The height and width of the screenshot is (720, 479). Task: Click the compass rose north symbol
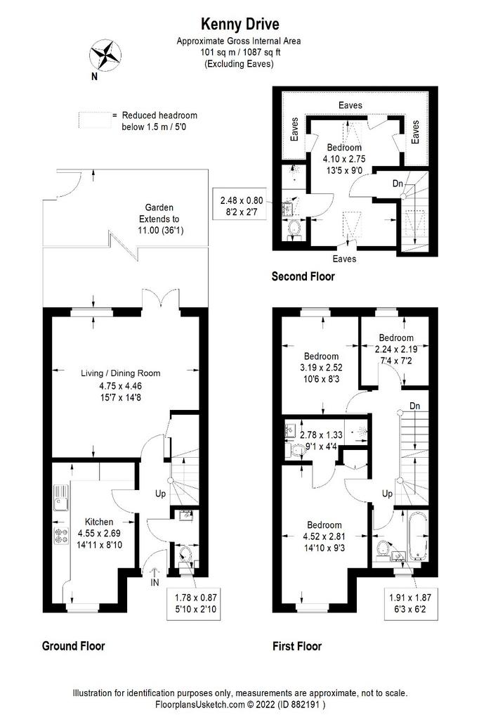coord(105,56)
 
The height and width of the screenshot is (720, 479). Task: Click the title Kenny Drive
coord(240,24)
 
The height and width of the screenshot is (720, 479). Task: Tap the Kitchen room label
coord(99,522)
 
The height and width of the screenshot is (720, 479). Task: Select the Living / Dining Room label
coord(121,373)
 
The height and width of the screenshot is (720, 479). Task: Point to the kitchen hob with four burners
coord(61,535)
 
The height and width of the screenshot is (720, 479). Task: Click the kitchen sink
coord(60,498)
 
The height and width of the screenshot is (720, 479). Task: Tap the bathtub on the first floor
coord(417,536)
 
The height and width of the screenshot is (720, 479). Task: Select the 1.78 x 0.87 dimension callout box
coord(194,603)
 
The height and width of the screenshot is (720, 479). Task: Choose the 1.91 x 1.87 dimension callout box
coord(409,603)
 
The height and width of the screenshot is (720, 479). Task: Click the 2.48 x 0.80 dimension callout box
coord(242,206)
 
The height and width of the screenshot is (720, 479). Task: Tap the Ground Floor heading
coord(74,645)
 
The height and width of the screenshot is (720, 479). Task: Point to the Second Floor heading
coord(303,276)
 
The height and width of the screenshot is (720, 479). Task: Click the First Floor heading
coord(297,646)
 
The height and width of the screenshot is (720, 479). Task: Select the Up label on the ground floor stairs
coord(160,494)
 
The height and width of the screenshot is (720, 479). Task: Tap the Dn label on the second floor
coord(398,184)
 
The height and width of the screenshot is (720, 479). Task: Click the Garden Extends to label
coord(159,219)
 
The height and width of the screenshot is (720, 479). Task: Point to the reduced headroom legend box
coord(95,120)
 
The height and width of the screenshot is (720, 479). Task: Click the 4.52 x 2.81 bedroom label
coord(324,536)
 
